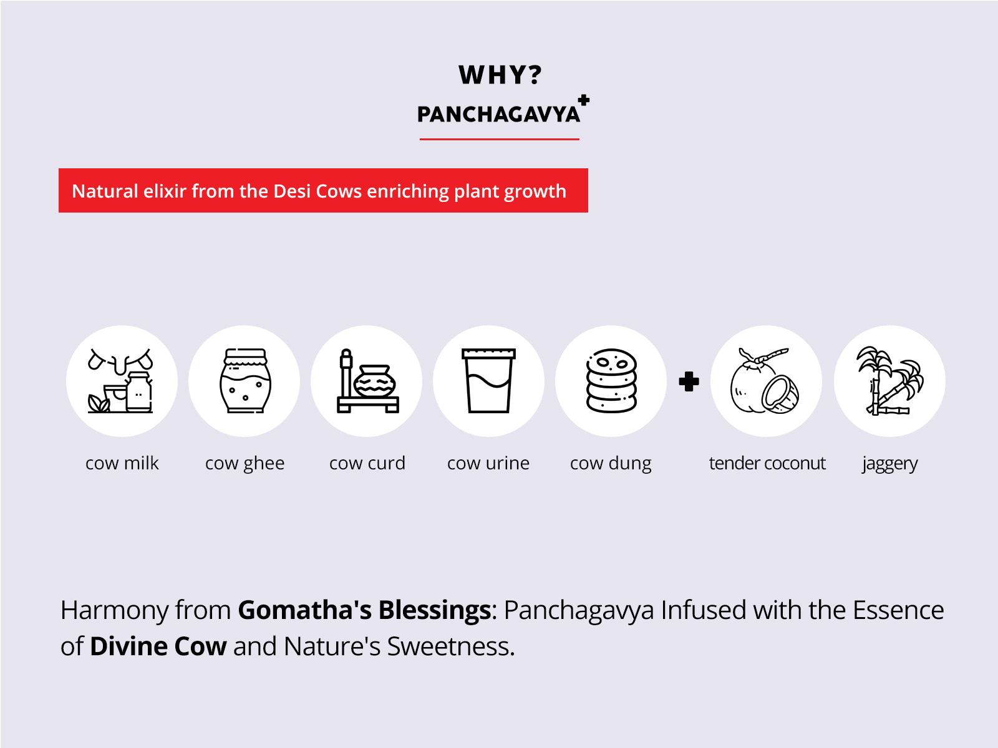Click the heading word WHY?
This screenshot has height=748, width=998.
point(500,75)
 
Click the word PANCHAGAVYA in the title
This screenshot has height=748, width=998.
point(498,115)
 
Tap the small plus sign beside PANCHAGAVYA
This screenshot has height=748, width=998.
point(584,100)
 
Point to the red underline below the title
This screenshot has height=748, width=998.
point(499,139)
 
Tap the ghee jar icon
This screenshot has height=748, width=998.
point(245,381)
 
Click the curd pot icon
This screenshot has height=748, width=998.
point(367,381)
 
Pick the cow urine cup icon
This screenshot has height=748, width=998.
point(489,381)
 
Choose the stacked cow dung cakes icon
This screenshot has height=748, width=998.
point(611,381)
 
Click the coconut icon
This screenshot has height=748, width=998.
point(766,381)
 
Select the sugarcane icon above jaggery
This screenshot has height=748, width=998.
point(889,381)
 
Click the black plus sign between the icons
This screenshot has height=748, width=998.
point(689,381)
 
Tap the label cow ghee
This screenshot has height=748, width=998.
point(245,463)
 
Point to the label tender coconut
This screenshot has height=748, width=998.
point(767,463)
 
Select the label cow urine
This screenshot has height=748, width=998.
point(488,463)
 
